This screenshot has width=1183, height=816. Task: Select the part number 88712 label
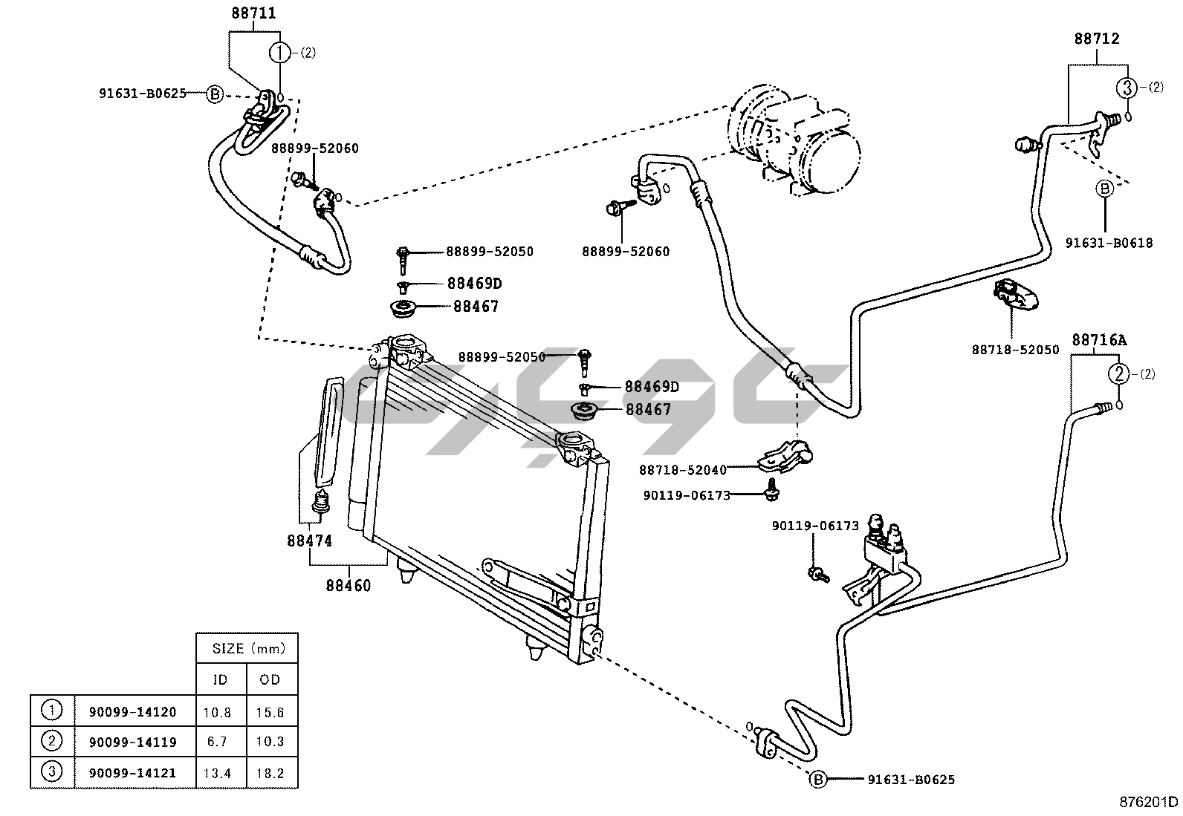point(1096,39)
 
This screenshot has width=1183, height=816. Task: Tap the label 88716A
point(1098,340)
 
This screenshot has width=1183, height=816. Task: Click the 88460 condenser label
point(348,586)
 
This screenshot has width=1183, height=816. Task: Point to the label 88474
point(309,541)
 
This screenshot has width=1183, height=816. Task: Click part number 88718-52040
point(682,469)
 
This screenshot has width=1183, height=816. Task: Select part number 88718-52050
point(1015,349)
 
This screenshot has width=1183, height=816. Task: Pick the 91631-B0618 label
point(1108,243)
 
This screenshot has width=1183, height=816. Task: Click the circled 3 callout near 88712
point(1127,88)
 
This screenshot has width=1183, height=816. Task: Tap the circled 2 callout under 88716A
point(1119,374)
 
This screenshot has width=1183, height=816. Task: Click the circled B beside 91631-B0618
point(1105,189)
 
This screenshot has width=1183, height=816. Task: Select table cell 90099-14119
point(133,741)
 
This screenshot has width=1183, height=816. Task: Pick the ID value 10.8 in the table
point(217,712)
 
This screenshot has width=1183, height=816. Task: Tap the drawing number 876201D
point(1150,802)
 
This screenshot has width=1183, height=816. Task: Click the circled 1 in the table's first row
point(52,711)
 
